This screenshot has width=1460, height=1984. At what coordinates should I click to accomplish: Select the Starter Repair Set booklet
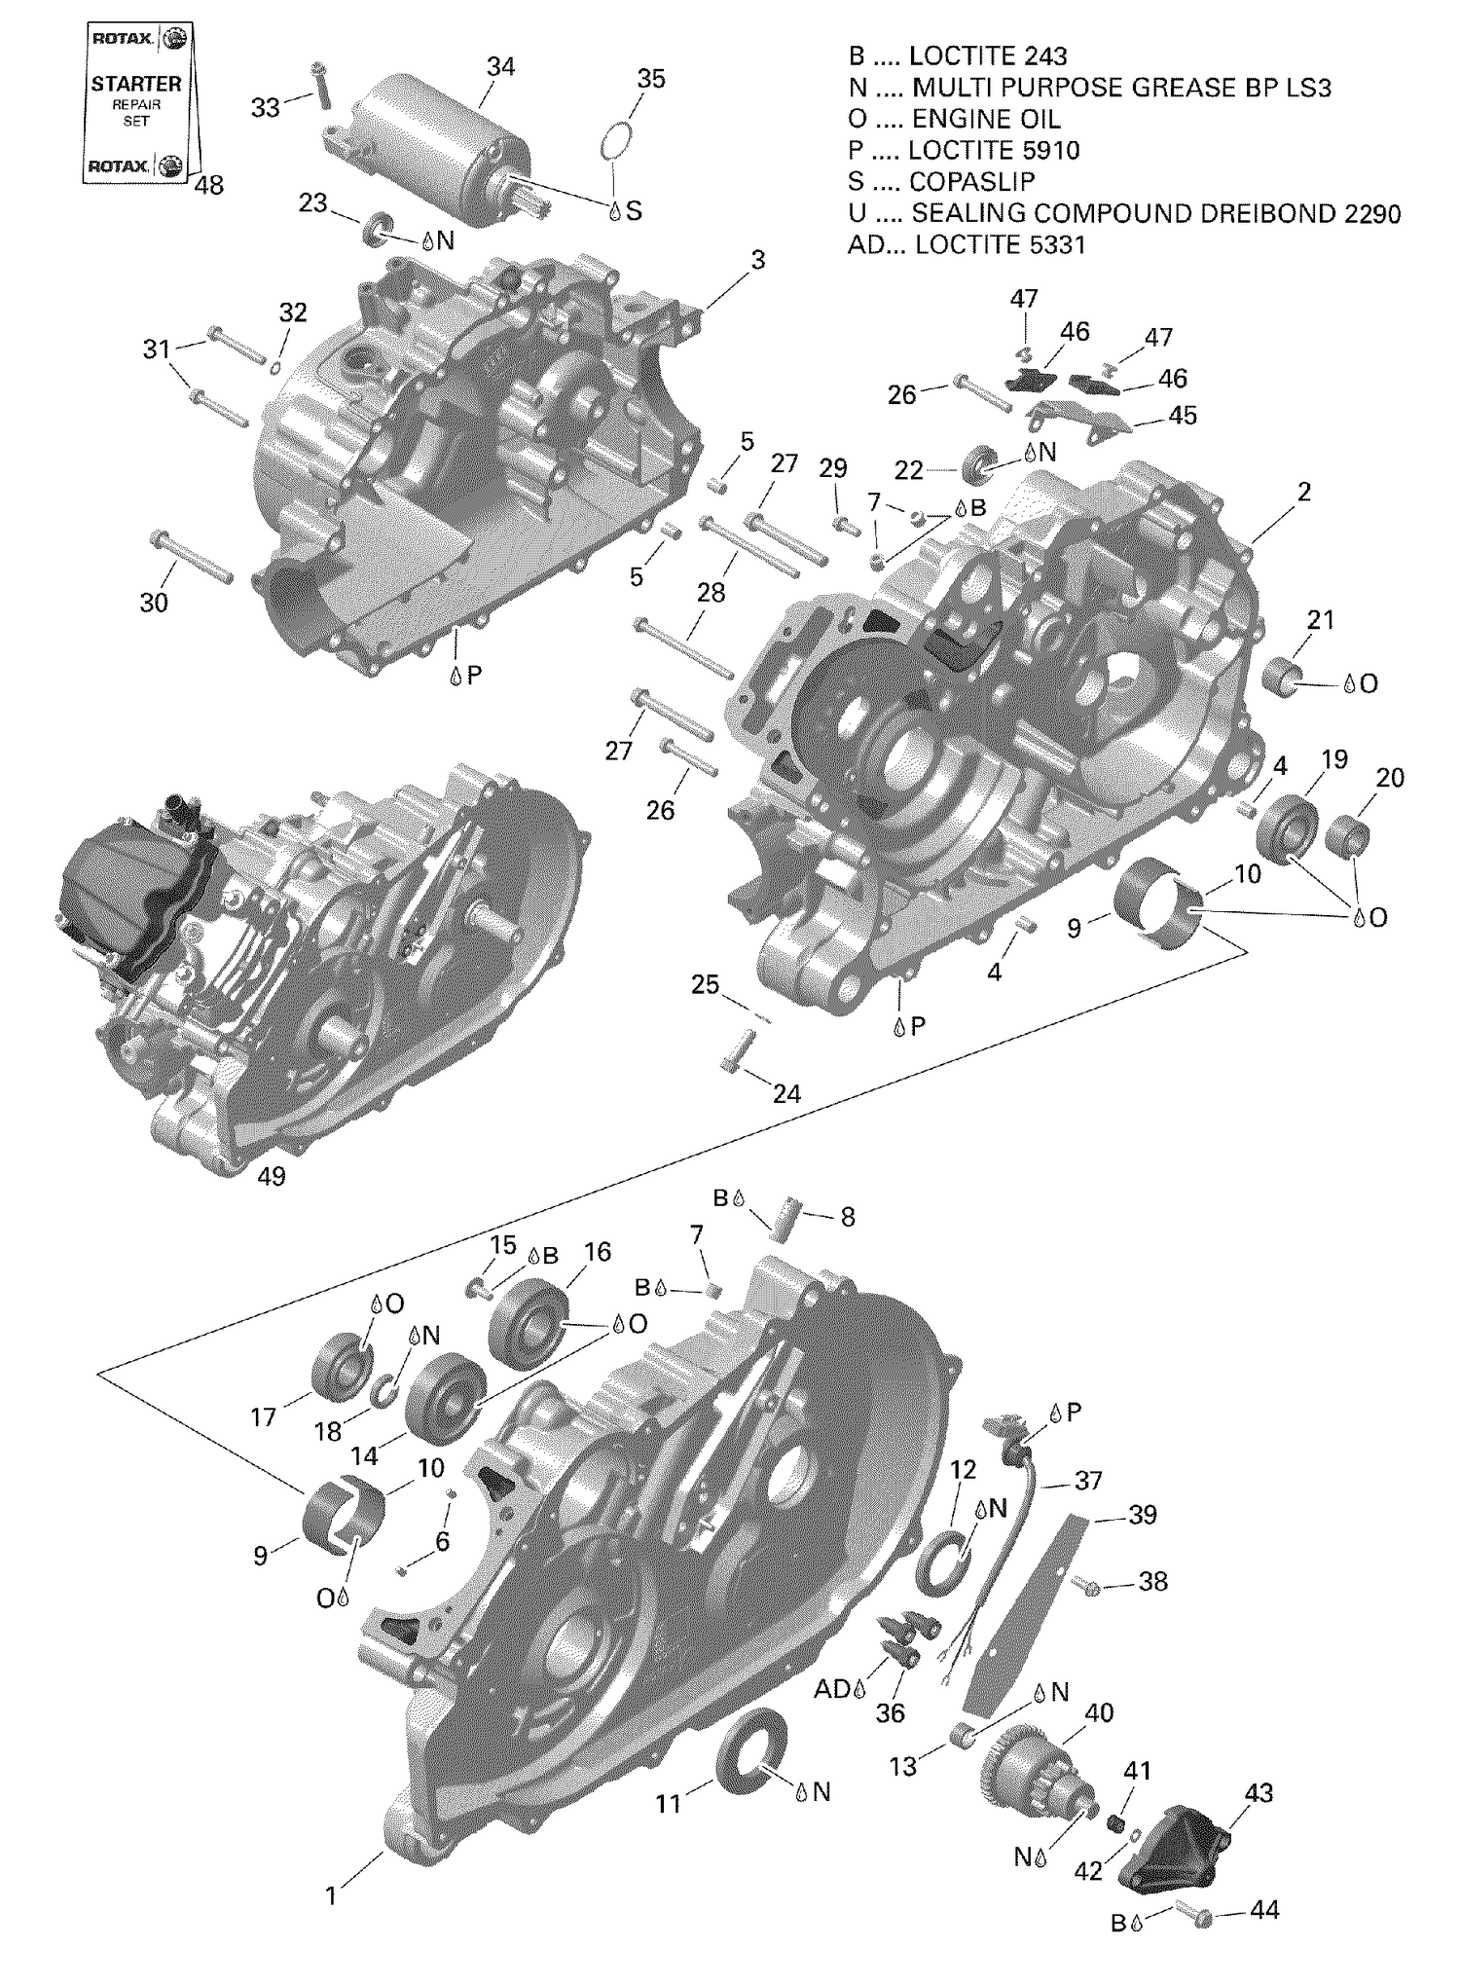pyautogui.click(x=137, y=103)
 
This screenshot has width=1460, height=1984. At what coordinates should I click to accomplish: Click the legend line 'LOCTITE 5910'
pyautogui.click(x=993, y=150)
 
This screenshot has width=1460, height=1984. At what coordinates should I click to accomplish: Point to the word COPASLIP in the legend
pyautogui.click(x=971, y=181)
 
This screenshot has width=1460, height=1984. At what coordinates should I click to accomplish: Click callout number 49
pyautogui.click(x=272, y=1176)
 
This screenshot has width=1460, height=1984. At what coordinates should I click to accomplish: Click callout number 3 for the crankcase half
pyautogui.click(x=757, y=260)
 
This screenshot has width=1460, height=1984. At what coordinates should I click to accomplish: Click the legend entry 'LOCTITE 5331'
pyautogui.click(x=1000, y=244)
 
